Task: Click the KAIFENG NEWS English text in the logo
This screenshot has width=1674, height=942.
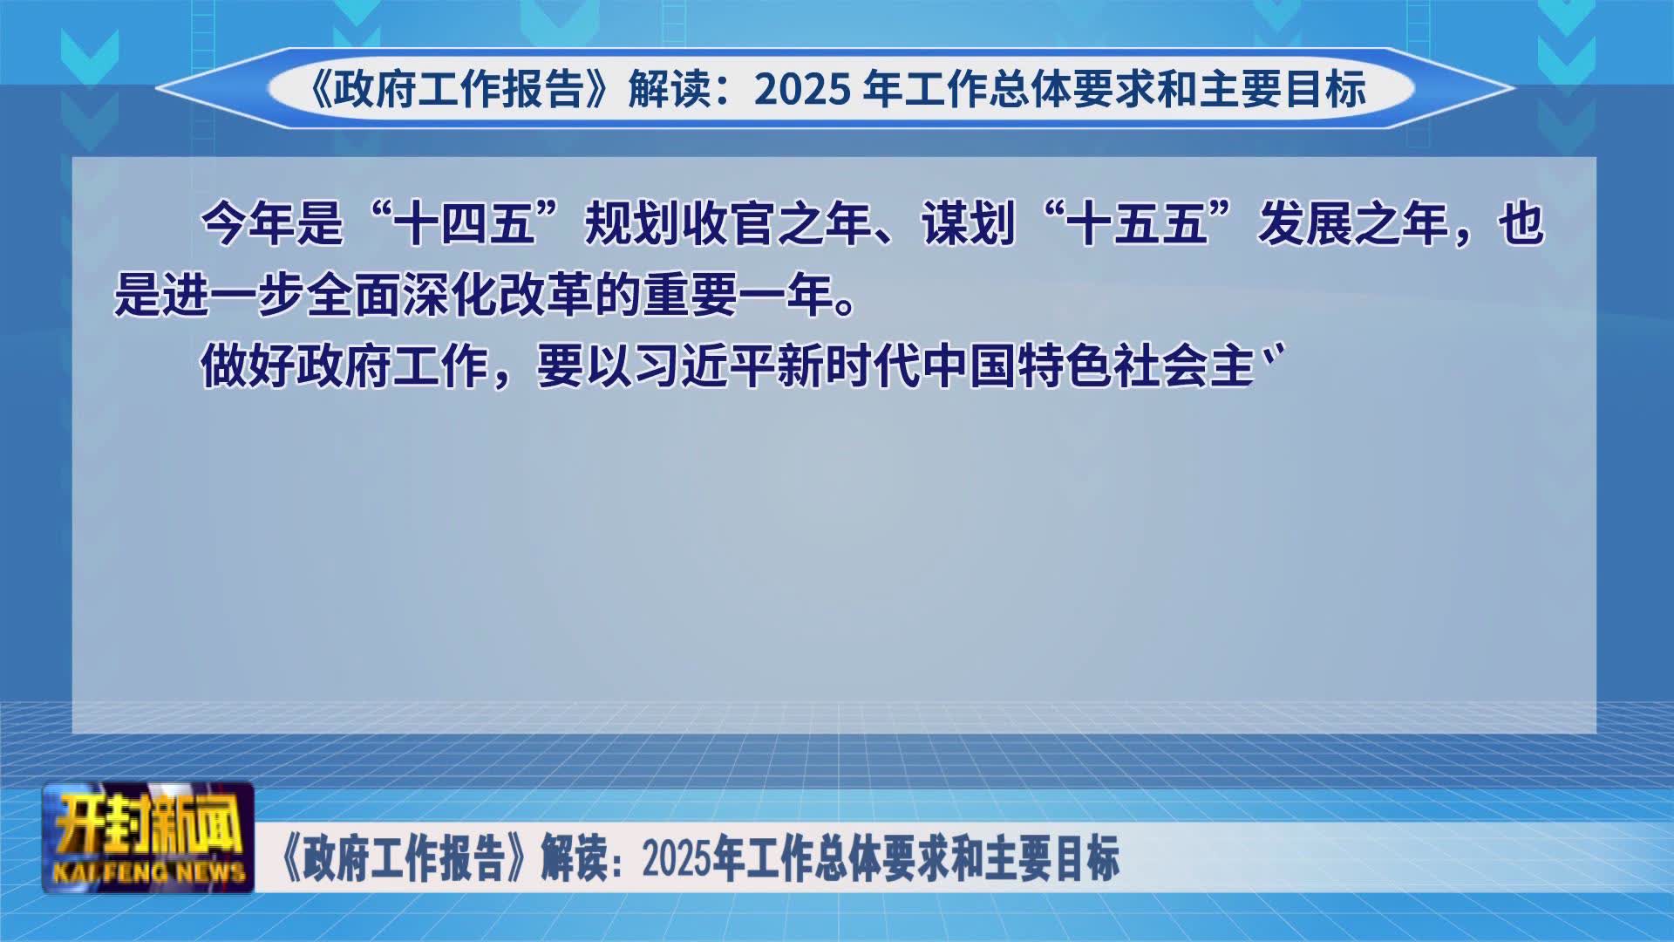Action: coord(149,871)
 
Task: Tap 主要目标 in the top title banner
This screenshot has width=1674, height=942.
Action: coord(1283,90)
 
